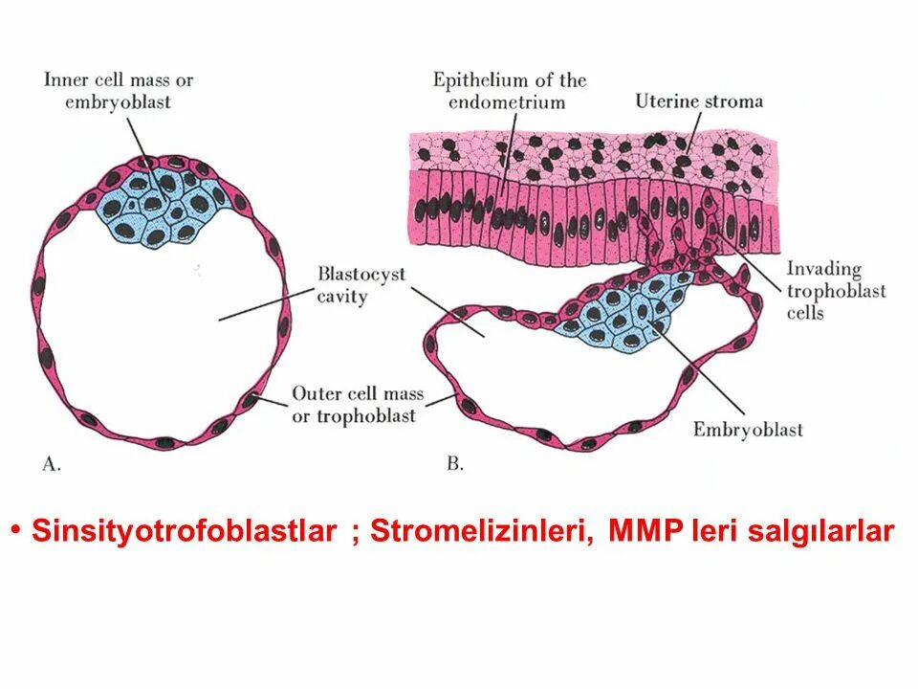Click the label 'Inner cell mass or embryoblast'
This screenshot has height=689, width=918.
click(x=119, y=89)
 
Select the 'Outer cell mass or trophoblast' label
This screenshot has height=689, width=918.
click(x=357, y=404)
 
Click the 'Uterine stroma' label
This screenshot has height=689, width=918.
click(x=699, y=100)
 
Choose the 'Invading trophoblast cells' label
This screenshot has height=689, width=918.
click(x=836, y=290)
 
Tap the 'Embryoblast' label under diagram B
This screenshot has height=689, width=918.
click(x=748, y=430)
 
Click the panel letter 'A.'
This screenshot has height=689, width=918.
click(x=52, y=464)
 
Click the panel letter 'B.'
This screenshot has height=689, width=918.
click(x=455, y=464)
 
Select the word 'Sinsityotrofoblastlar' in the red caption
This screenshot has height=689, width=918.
click(x=184, y=532)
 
